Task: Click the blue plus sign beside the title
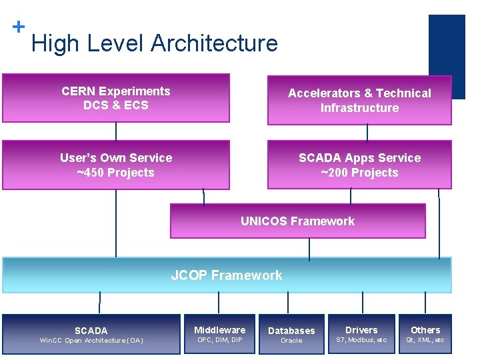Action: tap(19, 27)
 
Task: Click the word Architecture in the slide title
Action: tap(214, 43)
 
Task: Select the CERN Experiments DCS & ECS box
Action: tap(116, 98)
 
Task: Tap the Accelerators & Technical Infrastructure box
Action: tap(359, 101)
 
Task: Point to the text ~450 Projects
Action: tap(116, 173)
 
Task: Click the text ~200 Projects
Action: tap(359, 173)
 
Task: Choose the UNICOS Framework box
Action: tap(297, 221)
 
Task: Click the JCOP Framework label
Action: tap(227, 275)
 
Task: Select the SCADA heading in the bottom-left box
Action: tap(91, 330)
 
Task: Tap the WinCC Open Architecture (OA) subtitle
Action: tap(91, 341)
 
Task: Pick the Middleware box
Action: tap(219, 334)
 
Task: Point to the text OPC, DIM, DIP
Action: tap(219, 340)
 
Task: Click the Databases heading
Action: tap(291, 331)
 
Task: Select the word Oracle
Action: tap(291, 341)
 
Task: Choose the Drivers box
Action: tap(361, 334)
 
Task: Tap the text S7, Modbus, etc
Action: tap(361, 340)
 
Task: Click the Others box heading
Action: tap(425, 330)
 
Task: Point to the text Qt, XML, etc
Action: tap(425, 340)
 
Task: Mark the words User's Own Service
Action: tap(116, 158)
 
